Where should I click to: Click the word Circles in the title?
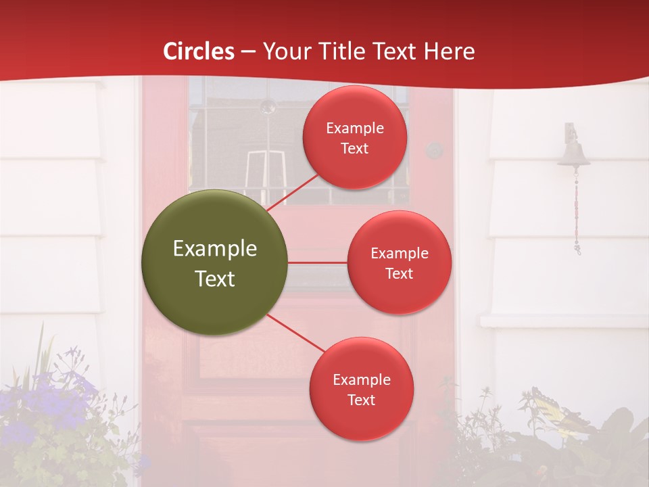(199, 51)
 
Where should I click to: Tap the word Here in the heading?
(449, 51)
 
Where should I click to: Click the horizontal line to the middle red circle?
(317, 262)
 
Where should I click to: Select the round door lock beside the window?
(434, 150)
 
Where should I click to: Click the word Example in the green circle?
(215, 248)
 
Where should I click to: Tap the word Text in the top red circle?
(355, 149)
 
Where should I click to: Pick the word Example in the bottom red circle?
(361, 380)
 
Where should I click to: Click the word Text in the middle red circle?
(399, 274)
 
